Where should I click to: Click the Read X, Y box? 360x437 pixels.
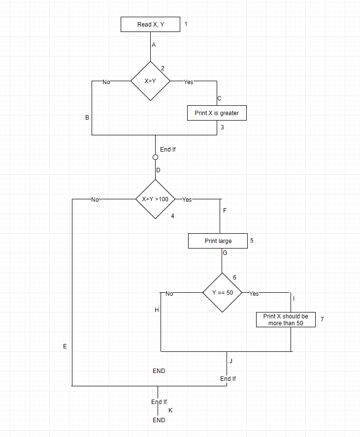click(x=150, y=25)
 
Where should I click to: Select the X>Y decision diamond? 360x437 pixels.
click(x=150, y=81)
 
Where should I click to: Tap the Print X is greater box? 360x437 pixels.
click(x=217, y=113)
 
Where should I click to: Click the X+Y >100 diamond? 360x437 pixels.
click(x=155, y=199)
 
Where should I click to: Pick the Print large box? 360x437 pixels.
click(x=218, y=241)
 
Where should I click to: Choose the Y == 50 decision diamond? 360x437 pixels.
click(x=222, y=292)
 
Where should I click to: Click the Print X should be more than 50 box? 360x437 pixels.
click(x=286, y=320)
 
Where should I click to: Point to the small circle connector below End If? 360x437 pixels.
click(x=155, y=157)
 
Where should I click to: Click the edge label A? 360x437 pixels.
click(x=154, y=45)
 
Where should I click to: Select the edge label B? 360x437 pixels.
click(x=87, y=118)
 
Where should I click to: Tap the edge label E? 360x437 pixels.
click(x=65, y=346)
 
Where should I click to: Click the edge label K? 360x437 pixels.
click(x=170, y=410)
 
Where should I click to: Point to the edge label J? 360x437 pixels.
click(x=230, y=361)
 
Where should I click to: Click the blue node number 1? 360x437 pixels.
click(x=186, y=24)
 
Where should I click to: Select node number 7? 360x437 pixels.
click(x=322, y=319)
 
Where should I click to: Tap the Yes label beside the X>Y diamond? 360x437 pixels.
click(x=188, y=82)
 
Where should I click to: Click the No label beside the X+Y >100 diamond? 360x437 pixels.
click(x=95, y=200)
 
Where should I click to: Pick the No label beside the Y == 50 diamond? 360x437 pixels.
click(x=169, y=294)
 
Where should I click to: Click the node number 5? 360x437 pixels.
click(x=252, y=241)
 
